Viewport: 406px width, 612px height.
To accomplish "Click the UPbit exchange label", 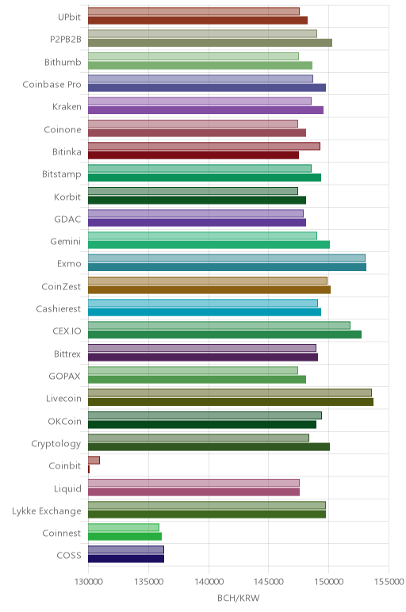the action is (x=69, y=17).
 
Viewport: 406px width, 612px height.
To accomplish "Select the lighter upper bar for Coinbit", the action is (x=94, y=460).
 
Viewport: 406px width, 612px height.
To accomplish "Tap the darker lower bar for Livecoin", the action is (x=231, y=402).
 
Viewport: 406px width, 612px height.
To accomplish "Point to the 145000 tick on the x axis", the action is (x=268, y=582).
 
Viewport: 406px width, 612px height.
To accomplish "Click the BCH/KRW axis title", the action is (x=238, y=598).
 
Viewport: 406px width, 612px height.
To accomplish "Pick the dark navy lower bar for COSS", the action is (x=126, y=559).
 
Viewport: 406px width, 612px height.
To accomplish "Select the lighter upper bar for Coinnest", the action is (x=124, y=528).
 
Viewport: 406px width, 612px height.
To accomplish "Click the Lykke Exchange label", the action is (x=47, y=511).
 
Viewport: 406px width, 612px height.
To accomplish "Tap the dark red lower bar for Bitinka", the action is (x=193, y=155).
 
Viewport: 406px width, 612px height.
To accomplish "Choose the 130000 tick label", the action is (x=88, y=582).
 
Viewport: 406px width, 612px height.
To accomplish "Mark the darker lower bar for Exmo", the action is (x=228, y=267).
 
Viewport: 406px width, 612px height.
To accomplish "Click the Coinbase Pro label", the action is (x=52, y=85).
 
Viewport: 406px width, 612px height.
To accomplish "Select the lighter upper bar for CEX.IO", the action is (x=219, y=326).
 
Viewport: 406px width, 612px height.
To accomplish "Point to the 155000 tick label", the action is (x=389, y=582).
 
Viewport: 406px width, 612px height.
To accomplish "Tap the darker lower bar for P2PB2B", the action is (x=210, y=43).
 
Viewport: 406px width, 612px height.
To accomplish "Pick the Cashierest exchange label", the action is (x=59, y=309).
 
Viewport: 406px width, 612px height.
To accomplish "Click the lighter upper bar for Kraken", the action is (x=200, y=101).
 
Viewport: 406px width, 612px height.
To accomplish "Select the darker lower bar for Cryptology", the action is (x=209, y=447).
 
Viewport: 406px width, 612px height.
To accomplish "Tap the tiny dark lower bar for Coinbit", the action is (x=89, y=469).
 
